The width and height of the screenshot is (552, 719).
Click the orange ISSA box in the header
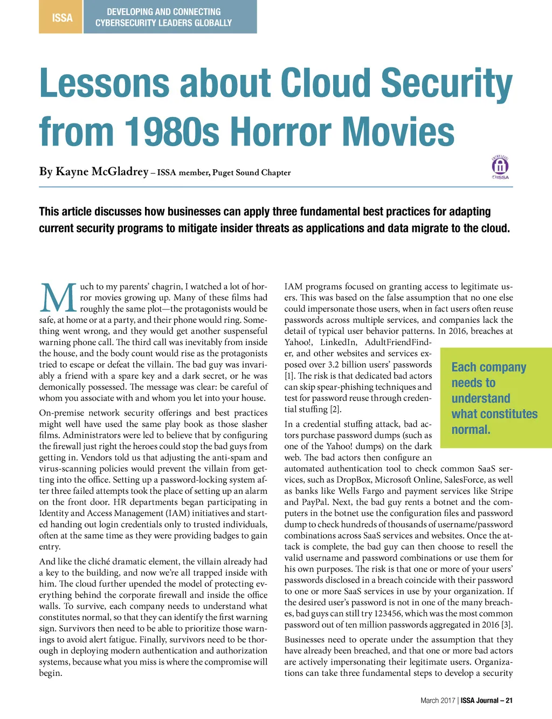click(x=62, y=18)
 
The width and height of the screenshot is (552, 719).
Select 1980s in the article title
click(x=172, y=132)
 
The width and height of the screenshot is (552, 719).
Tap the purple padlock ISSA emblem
click(x=500, y=166)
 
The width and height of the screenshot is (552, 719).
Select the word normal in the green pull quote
click(x=471, y=430)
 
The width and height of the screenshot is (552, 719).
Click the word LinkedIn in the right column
click(x=338, y=342)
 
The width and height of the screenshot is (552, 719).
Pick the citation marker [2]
click(x=335, y=409)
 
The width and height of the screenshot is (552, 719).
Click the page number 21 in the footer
click(x=509, y=701)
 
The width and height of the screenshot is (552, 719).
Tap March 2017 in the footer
click(x=438, y=701)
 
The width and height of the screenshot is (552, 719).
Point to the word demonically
click(x=64, y=387)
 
